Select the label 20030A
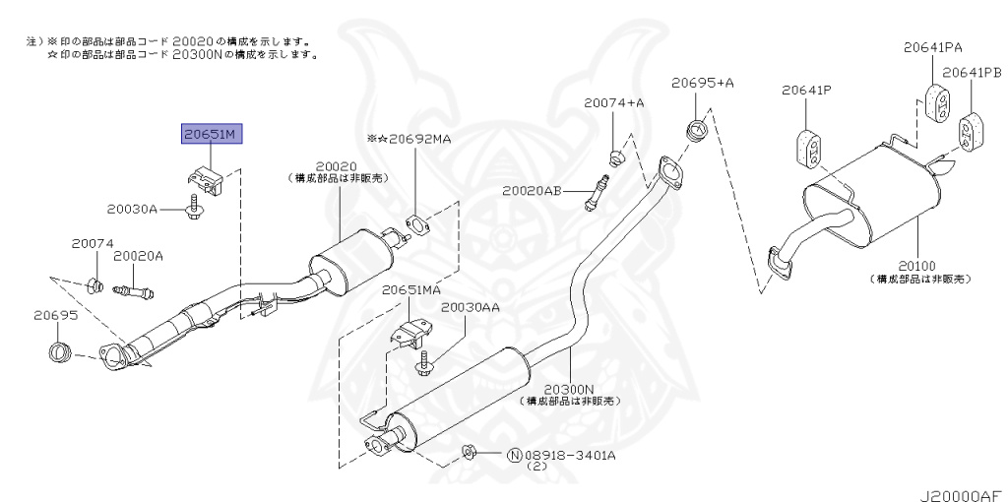click(133, 209)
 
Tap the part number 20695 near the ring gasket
click(55, 315)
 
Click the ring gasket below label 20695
click(61, 350)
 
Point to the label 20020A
click(138, 256)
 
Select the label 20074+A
click(613, 102)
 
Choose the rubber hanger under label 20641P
click(808, 149)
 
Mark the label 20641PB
click(971, 73)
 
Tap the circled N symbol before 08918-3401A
click(514, 455)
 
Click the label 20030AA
click(470, 307)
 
